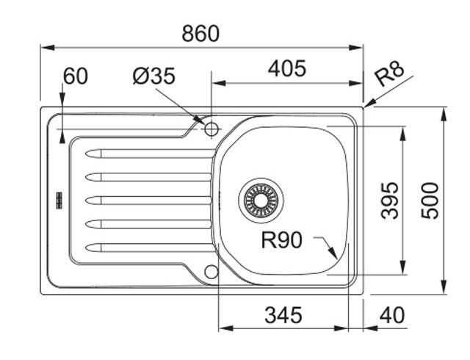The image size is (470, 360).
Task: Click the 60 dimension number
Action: pos(75,76)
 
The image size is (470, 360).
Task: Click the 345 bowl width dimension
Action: pos(283,315)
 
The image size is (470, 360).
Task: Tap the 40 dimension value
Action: pos(392,315)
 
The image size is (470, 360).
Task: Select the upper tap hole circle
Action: pos(211,130)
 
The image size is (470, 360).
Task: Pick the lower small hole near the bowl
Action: pos(211,271)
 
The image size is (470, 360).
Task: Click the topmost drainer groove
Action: pos(147,153)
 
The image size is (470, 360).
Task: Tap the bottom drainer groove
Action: pos(147,246)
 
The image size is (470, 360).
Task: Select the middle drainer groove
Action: pos(147,199)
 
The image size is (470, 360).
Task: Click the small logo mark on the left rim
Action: pos(57,198)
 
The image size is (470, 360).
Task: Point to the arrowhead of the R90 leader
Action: pos(335,255)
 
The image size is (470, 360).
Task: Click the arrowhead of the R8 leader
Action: pos(367,106)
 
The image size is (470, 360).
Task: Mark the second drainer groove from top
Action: pos(147,176)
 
